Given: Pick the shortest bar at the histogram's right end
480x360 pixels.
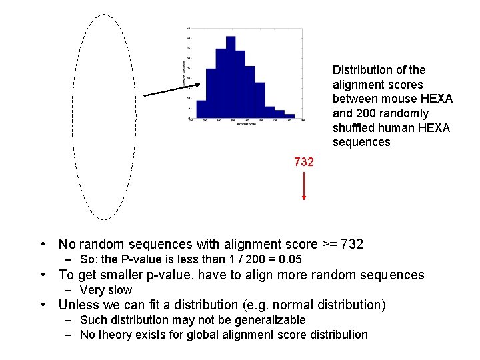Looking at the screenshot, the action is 290,117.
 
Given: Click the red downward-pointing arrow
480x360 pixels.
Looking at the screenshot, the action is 304,187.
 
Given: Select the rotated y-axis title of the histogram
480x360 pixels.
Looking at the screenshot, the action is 184,72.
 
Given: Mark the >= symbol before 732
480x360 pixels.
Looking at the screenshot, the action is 326,245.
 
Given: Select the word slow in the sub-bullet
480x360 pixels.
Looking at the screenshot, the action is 121,290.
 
